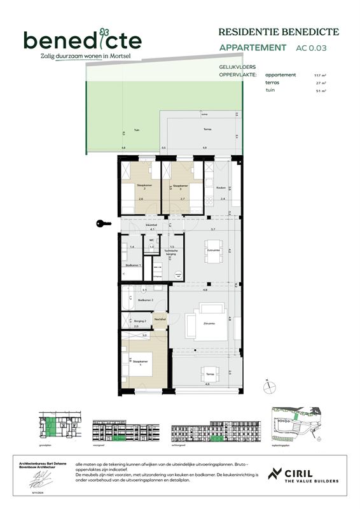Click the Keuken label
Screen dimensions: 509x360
click(x=221, y=188)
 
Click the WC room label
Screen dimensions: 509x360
click(x=151, y=240)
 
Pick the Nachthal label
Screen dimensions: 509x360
click(x=160, y=319)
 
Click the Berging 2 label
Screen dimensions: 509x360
click(x=141, y=322)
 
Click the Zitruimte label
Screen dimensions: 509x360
click(x=208, y=324)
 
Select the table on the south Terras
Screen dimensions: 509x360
click(x=208, y=373)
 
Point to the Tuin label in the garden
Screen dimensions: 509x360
click(x=136, y=130)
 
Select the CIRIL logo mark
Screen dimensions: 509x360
click(x=275, y=474)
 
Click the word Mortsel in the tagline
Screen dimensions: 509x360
click(x=120, y=56)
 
